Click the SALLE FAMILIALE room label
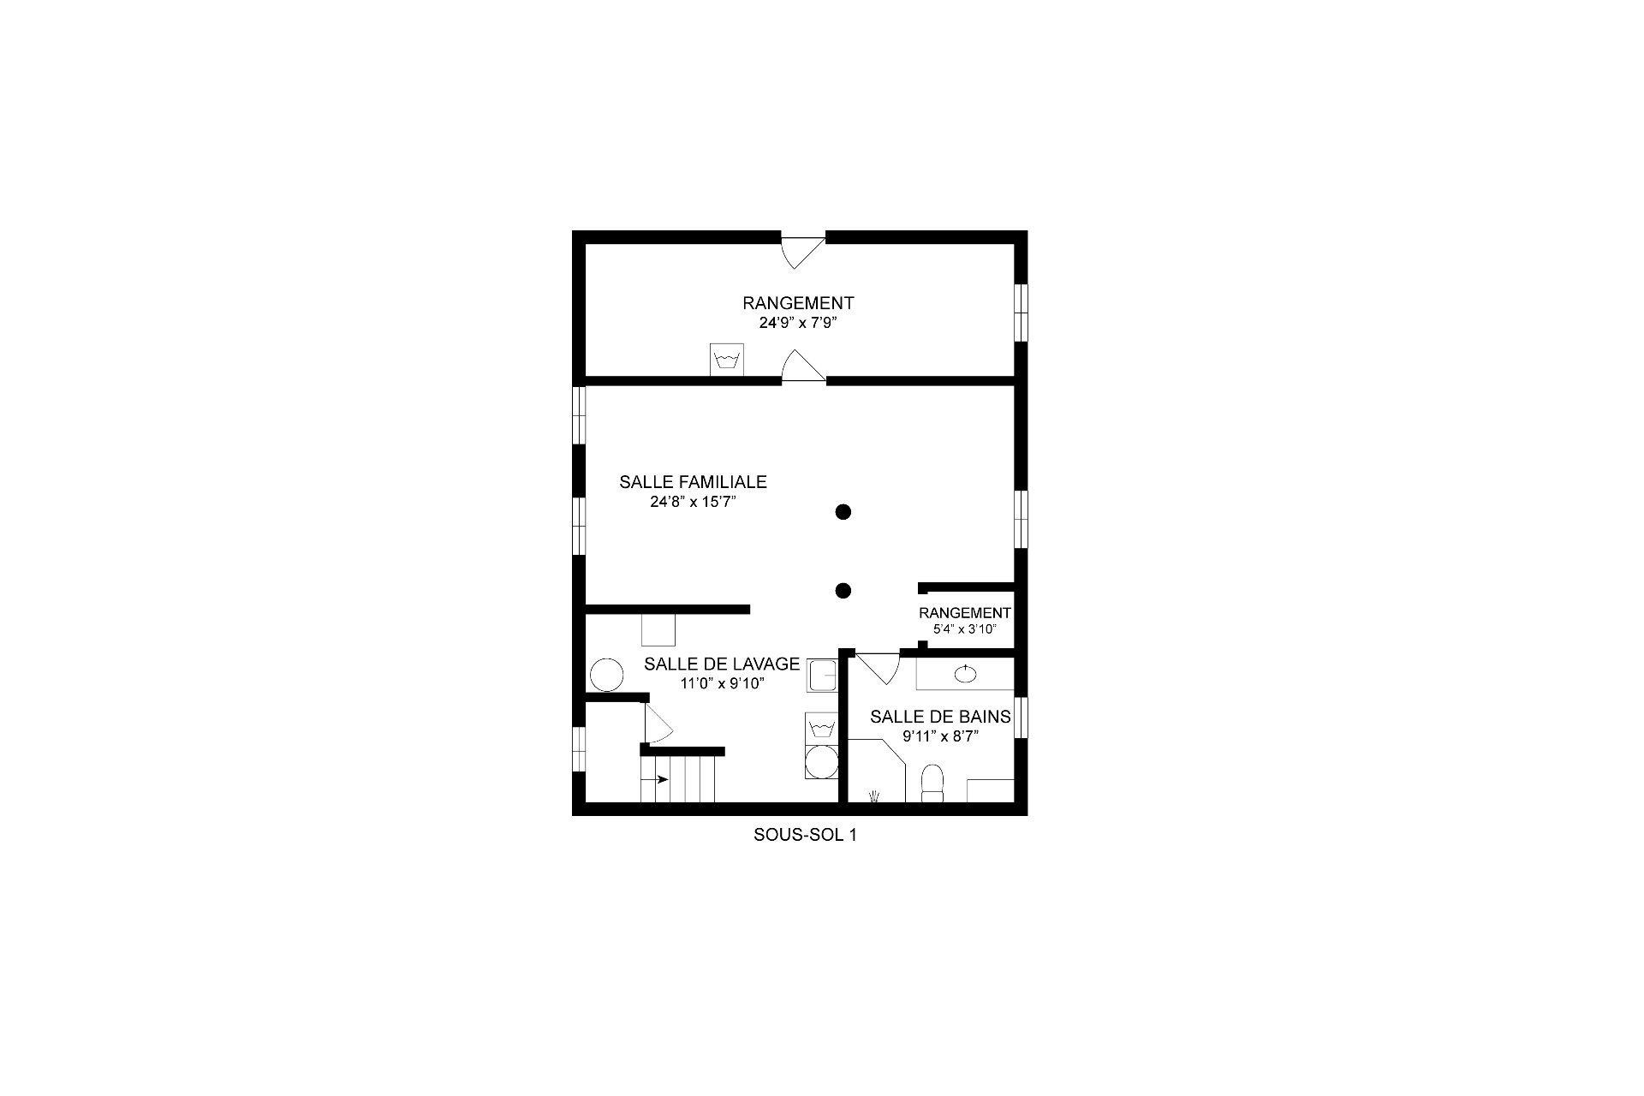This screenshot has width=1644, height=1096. pyautogui.click(x=693, y=482)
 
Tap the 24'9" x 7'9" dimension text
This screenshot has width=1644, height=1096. pyautogui.click(x=797, y=324)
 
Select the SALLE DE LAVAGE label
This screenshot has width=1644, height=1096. pyautogui.click(x=722, y=664)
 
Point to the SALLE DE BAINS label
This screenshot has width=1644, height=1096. pyautogui.click(x=940, y=717)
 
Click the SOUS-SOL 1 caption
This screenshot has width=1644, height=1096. pyautogui.click(x=805, y=835)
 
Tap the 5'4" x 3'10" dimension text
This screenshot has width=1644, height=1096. pyautogui.click(x=965, y=628)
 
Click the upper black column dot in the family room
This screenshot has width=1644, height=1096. pyautogui.click(x=843, y=512)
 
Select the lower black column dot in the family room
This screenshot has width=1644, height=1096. pyautogui.click(x=843, y=590)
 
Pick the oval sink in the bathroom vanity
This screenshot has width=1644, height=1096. pyautogui.click(x=966, y=673)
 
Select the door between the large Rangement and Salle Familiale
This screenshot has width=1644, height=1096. pyautogui.click(x=802, y=366)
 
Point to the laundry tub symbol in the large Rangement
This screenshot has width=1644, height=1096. pyautogui.click(x=727, y=359)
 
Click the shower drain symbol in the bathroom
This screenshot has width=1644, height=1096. pyautogui.click(x=873, y=796)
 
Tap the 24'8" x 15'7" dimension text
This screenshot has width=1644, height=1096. pyautogui.click(x=693, y=503)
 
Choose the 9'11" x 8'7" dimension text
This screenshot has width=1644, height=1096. pyautogui.click(x=940, y=736)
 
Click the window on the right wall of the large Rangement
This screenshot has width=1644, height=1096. pyautogui.click(x=1021, y=312)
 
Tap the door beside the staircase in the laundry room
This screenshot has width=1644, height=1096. pyautogui.click(x=658, y=724)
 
